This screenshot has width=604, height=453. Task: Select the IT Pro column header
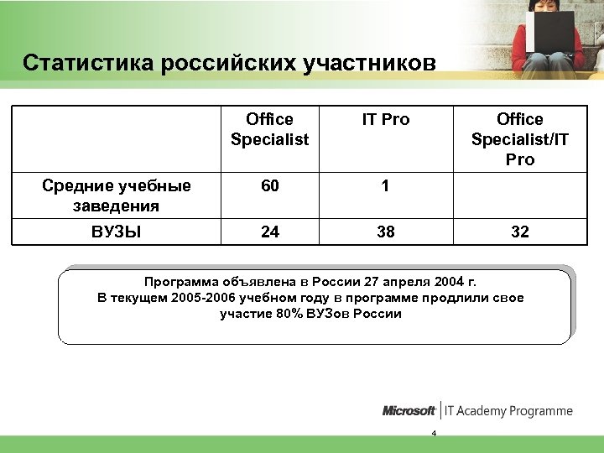[x=386, y=120]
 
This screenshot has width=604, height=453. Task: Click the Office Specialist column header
[x=270, y=129]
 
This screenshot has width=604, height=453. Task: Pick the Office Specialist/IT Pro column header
[x=519, y=139]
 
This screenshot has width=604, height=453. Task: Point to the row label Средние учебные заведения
[x=117, y=195]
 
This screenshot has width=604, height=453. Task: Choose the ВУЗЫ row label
[x=117, y=232]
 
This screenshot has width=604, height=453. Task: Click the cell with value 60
[x=270, y=187]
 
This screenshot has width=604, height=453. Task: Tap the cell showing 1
[x=386, y=187]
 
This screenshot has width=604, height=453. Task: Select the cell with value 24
[x=270, y=232]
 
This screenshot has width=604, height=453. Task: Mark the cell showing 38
[x=386, y=232]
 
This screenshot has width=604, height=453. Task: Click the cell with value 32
[x=520, y=232]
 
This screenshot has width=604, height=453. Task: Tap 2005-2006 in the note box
[x=203, y=298]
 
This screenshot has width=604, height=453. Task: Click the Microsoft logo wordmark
[x=409, y=411]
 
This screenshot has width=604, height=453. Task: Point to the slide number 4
[x=434, y=433]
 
